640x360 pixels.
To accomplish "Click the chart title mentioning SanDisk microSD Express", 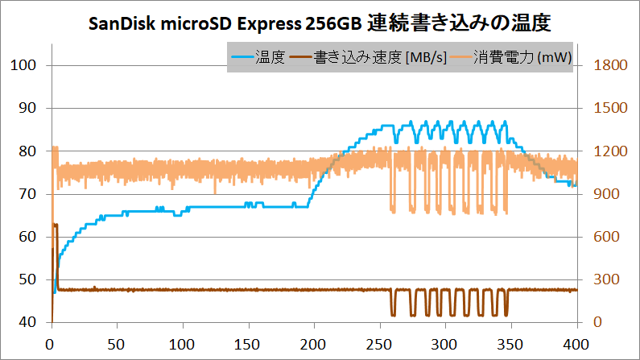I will click(x=319, y=23).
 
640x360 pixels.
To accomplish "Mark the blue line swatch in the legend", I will click(x=242, y=58).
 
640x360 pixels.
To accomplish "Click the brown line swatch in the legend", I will click(x=302, y=58).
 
